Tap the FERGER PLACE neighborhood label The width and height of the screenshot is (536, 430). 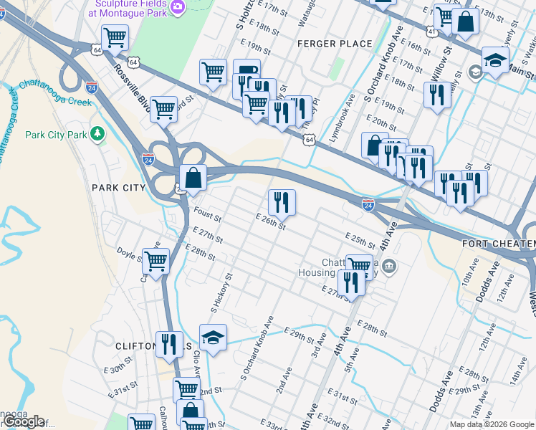pos(335,44)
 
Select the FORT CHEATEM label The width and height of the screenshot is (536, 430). pos(498,244)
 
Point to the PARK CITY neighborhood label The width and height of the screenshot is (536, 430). pos(118,188)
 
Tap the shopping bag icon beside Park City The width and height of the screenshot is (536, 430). pos(193,177)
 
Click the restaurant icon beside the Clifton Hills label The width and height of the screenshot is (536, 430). pos(169,343)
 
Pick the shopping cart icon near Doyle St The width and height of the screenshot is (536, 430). pos(155,262)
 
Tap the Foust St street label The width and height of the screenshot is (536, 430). pos(207,214)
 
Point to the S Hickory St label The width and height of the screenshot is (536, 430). pos(222,293)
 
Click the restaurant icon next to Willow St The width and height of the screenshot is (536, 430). pos(437,95)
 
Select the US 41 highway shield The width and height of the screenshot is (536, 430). pos(430,32)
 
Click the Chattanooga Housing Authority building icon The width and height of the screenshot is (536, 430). pos(388,267)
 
